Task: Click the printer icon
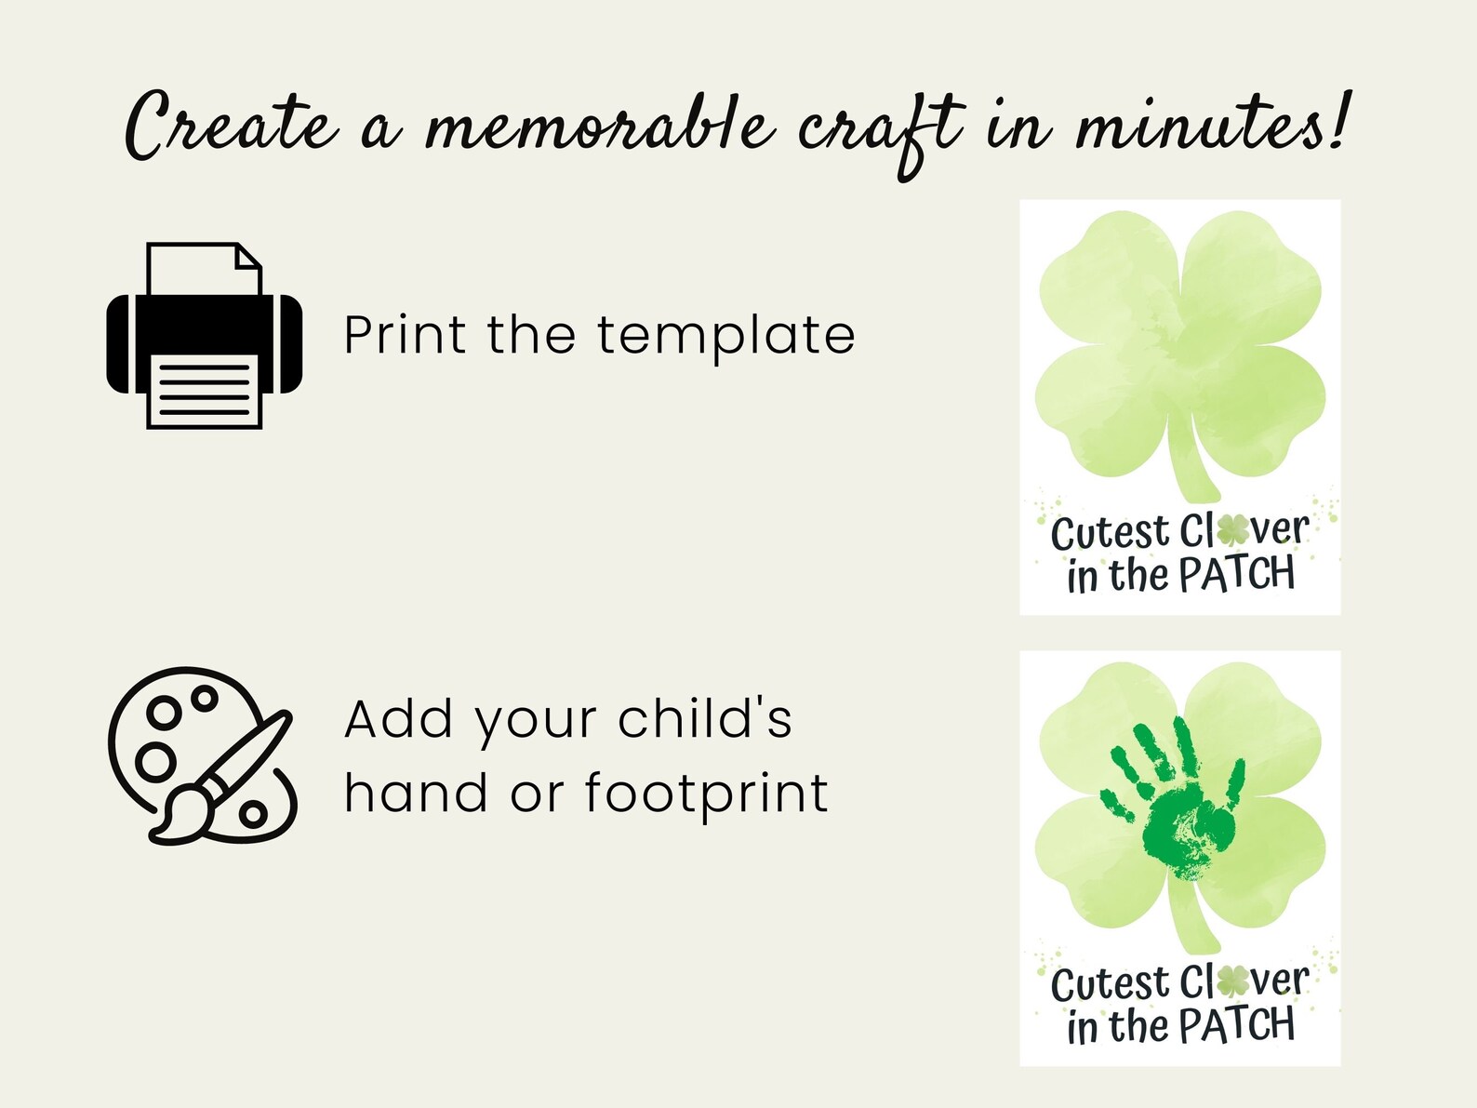pos(205,335)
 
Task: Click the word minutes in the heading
pos(1200,126)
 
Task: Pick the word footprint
pos(706,794)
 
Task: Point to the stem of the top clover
pos(1190,456)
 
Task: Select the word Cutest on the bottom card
pos(1109,984)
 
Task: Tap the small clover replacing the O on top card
pos(1233,530)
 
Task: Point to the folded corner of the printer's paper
pos(249,256)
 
